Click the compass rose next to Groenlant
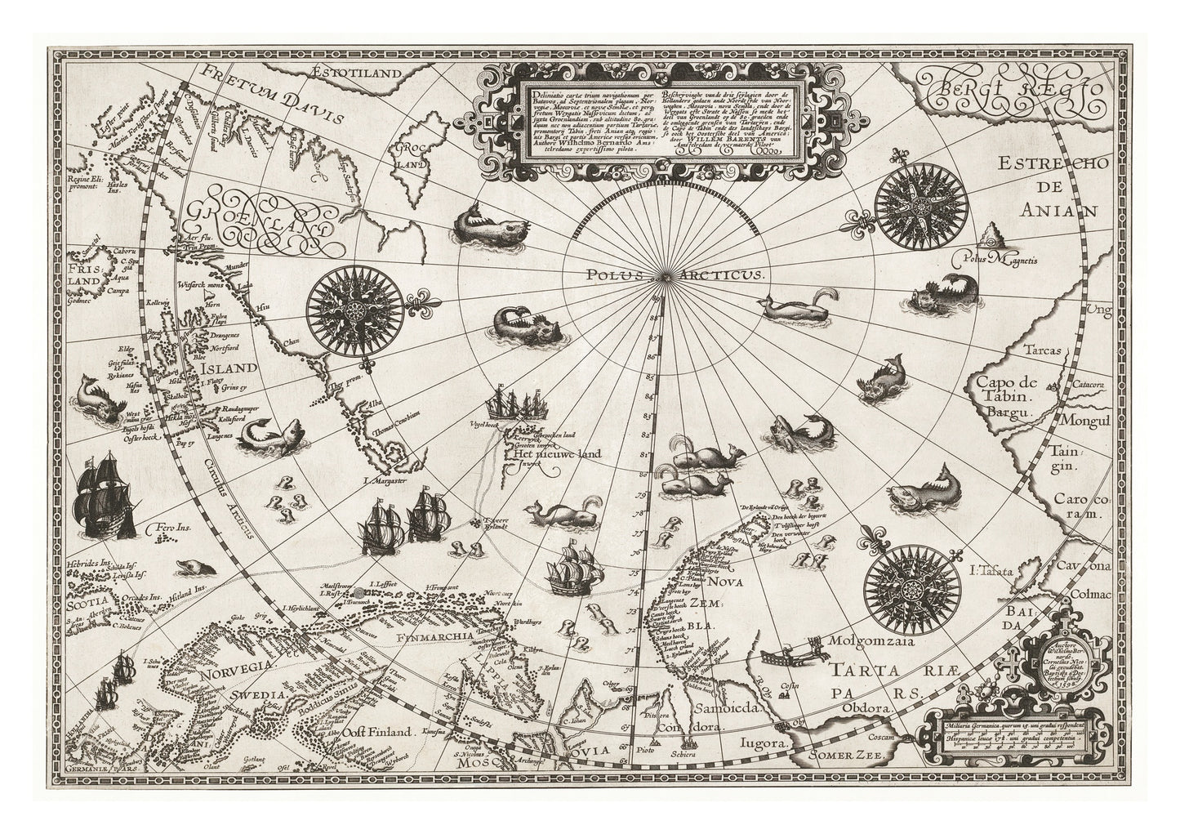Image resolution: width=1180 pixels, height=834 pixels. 354,309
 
